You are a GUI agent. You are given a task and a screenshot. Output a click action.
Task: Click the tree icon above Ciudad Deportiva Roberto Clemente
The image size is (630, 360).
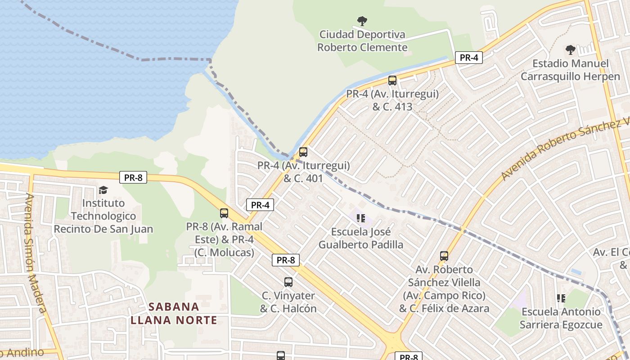pyautogui.click(x=362, y=21)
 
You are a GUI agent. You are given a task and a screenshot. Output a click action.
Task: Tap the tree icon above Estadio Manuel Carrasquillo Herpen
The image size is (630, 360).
pyautogui.click(x=570, y=49)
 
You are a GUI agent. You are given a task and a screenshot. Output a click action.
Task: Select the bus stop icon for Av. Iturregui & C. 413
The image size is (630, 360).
pyautogui.click(x=392, y=81)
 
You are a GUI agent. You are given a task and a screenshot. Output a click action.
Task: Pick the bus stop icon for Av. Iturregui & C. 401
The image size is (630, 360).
pyautogui.click(x=303, y=152)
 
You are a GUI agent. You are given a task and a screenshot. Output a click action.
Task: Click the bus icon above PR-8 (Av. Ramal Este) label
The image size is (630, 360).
pyautogui.click(x=224, y=213)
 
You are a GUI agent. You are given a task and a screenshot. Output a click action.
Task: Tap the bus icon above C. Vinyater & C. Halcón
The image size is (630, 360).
pyautogui.click(x=288, y=282)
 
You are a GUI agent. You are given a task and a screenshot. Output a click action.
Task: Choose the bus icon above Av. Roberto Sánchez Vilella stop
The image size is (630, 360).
pyautogui.click(x=444, y=256)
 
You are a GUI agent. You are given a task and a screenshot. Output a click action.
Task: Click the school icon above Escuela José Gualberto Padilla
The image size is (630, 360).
pyautogui.click(x=360, y=218)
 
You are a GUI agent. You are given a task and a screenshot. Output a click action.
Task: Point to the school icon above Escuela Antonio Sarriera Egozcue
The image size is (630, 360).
pyautogui.click(x=561, y=298)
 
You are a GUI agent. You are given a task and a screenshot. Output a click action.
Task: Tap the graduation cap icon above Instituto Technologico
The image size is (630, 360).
pyautogui.click(x=103, y=190)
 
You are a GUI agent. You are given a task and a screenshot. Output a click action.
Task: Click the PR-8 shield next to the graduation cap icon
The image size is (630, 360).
pyautogui.click(x=133, y=177)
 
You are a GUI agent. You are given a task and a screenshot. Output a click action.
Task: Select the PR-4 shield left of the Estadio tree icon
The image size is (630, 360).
pyautogui.click(x=468, y=58)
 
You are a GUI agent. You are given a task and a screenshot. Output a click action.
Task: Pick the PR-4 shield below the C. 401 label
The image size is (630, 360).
pyautogui.click(x=260, y=205)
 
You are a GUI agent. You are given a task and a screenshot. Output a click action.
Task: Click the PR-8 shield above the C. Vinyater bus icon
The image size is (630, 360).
pyautogui.click(x=286, y=260)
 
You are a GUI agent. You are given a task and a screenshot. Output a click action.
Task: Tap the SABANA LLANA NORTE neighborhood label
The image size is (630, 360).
pyautogui.click(x=174, y=314)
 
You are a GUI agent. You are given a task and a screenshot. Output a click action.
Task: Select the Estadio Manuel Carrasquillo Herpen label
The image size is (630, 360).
pyautogui.click(x=570, y=70)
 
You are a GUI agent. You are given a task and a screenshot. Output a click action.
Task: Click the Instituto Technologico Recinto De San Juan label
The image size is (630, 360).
pyautogui.click(x=103, y=216)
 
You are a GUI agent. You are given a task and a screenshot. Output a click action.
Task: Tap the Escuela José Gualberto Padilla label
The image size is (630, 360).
pyautogui.click(x=361, y=238)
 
